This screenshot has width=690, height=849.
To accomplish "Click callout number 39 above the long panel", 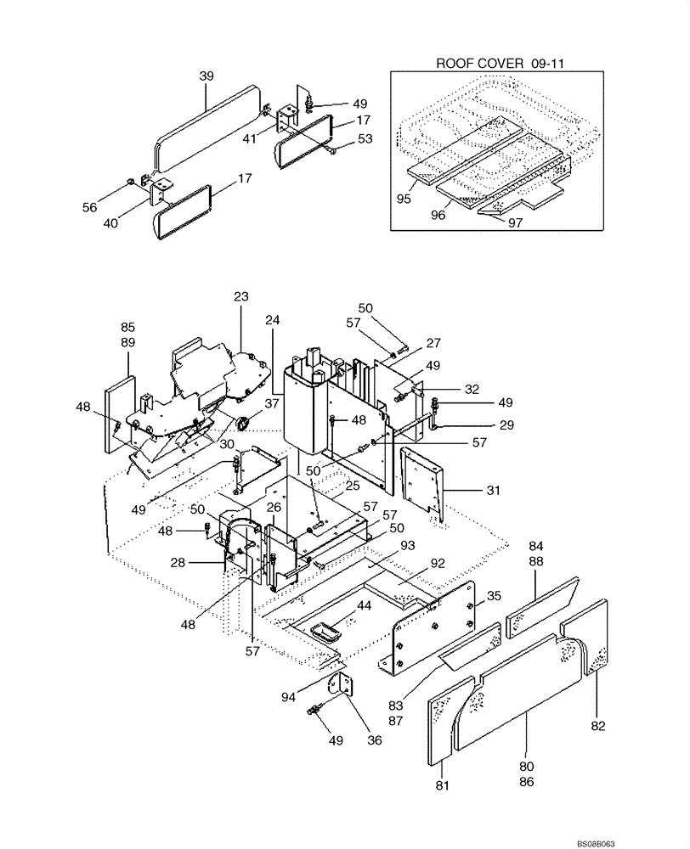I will pyautogui.click(x=206, y=77).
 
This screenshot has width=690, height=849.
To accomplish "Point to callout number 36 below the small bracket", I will pyautogui.click(x=374, y=739).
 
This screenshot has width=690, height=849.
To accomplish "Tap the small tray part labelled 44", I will pyautogui.click(x=325, y=631).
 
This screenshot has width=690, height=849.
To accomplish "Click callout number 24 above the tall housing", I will pyautogui.click(x=272, y=321).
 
